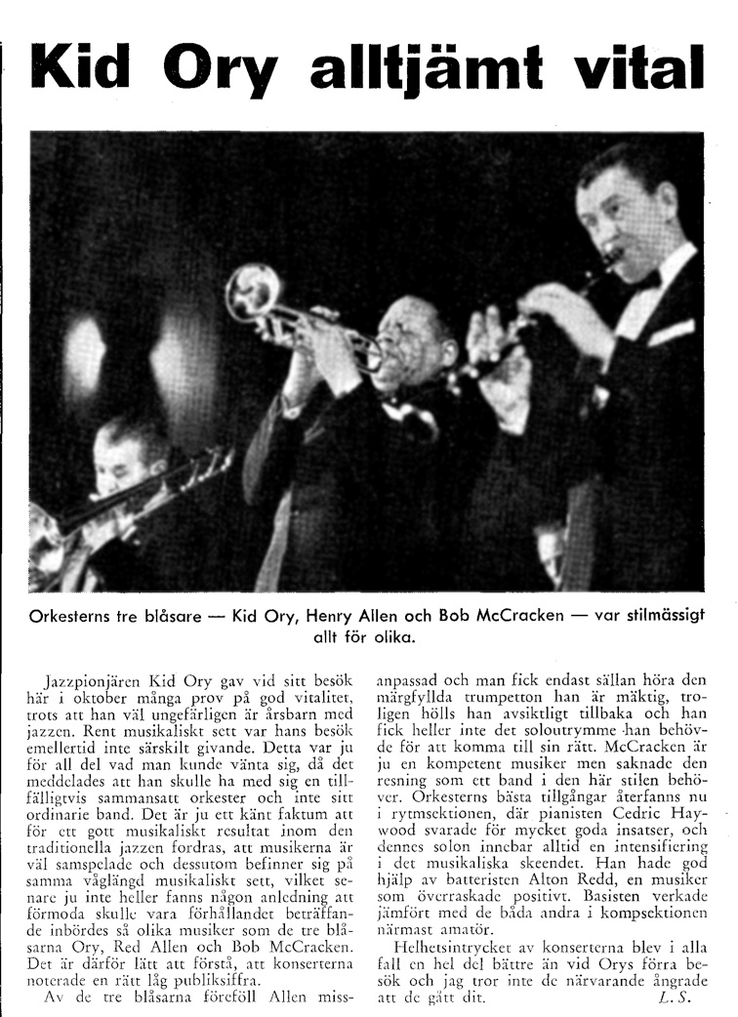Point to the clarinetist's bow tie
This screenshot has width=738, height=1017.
645,280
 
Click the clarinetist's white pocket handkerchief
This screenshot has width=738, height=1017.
671,332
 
